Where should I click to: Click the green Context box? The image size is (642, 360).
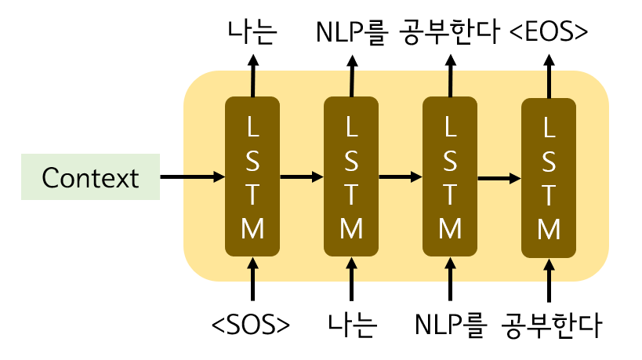pyautogui.click(x=90, y=178)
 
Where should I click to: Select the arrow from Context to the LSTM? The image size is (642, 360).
pyautogui.click(x=192, y=177)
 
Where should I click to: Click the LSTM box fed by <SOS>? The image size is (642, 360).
pyautogui.click(x=252, y=176)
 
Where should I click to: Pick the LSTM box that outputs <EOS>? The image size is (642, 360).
pyautogui.click(x=549, y=176)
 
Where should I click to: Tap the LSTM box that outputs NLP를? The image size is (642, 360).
pyautogui.click(x=351, y=176)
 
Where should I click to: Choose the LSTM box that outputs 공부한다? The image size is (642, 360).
pyautogui.click(x=449, y=176)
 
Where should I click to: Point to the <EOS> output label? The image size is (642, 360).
pyautogui.click(x=549, y=32)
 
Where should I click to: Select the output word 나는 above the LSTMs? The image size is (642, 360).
pyautogui.click(x=252, y=32)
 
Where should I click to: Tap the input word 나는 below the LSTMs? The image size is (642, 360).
pyautogui.click(x=351, y=324)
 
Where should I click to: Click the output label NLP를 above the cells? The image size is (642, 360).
pyautogui.click(x=353, y=32)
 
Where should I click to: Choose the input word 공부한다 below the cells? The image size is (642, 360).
pyautogui.click(x=550, y=324)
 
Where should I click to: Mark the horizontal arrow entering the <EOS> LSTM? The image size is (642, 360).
pyautogui.click(x=499, y=179)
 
